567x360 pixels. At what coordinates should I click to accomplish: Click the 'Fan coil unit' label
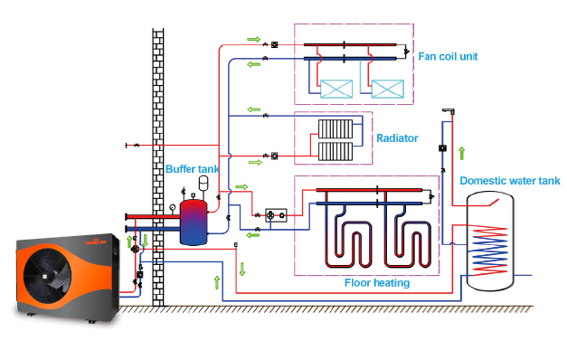click(447, 56)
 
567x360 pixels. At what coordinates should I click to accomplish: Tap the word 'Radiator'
click(397, 138)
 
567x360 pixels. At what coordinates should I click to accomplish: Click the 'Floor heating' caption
click(377, 283)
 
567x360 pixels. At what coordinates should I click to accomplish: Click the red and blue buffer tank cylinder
click(193, 223)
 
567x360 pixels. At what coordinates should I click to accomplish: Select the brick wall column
click(158, 163)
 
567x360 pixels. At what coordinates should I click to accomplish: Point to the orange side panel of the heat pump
click(101, 271)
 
